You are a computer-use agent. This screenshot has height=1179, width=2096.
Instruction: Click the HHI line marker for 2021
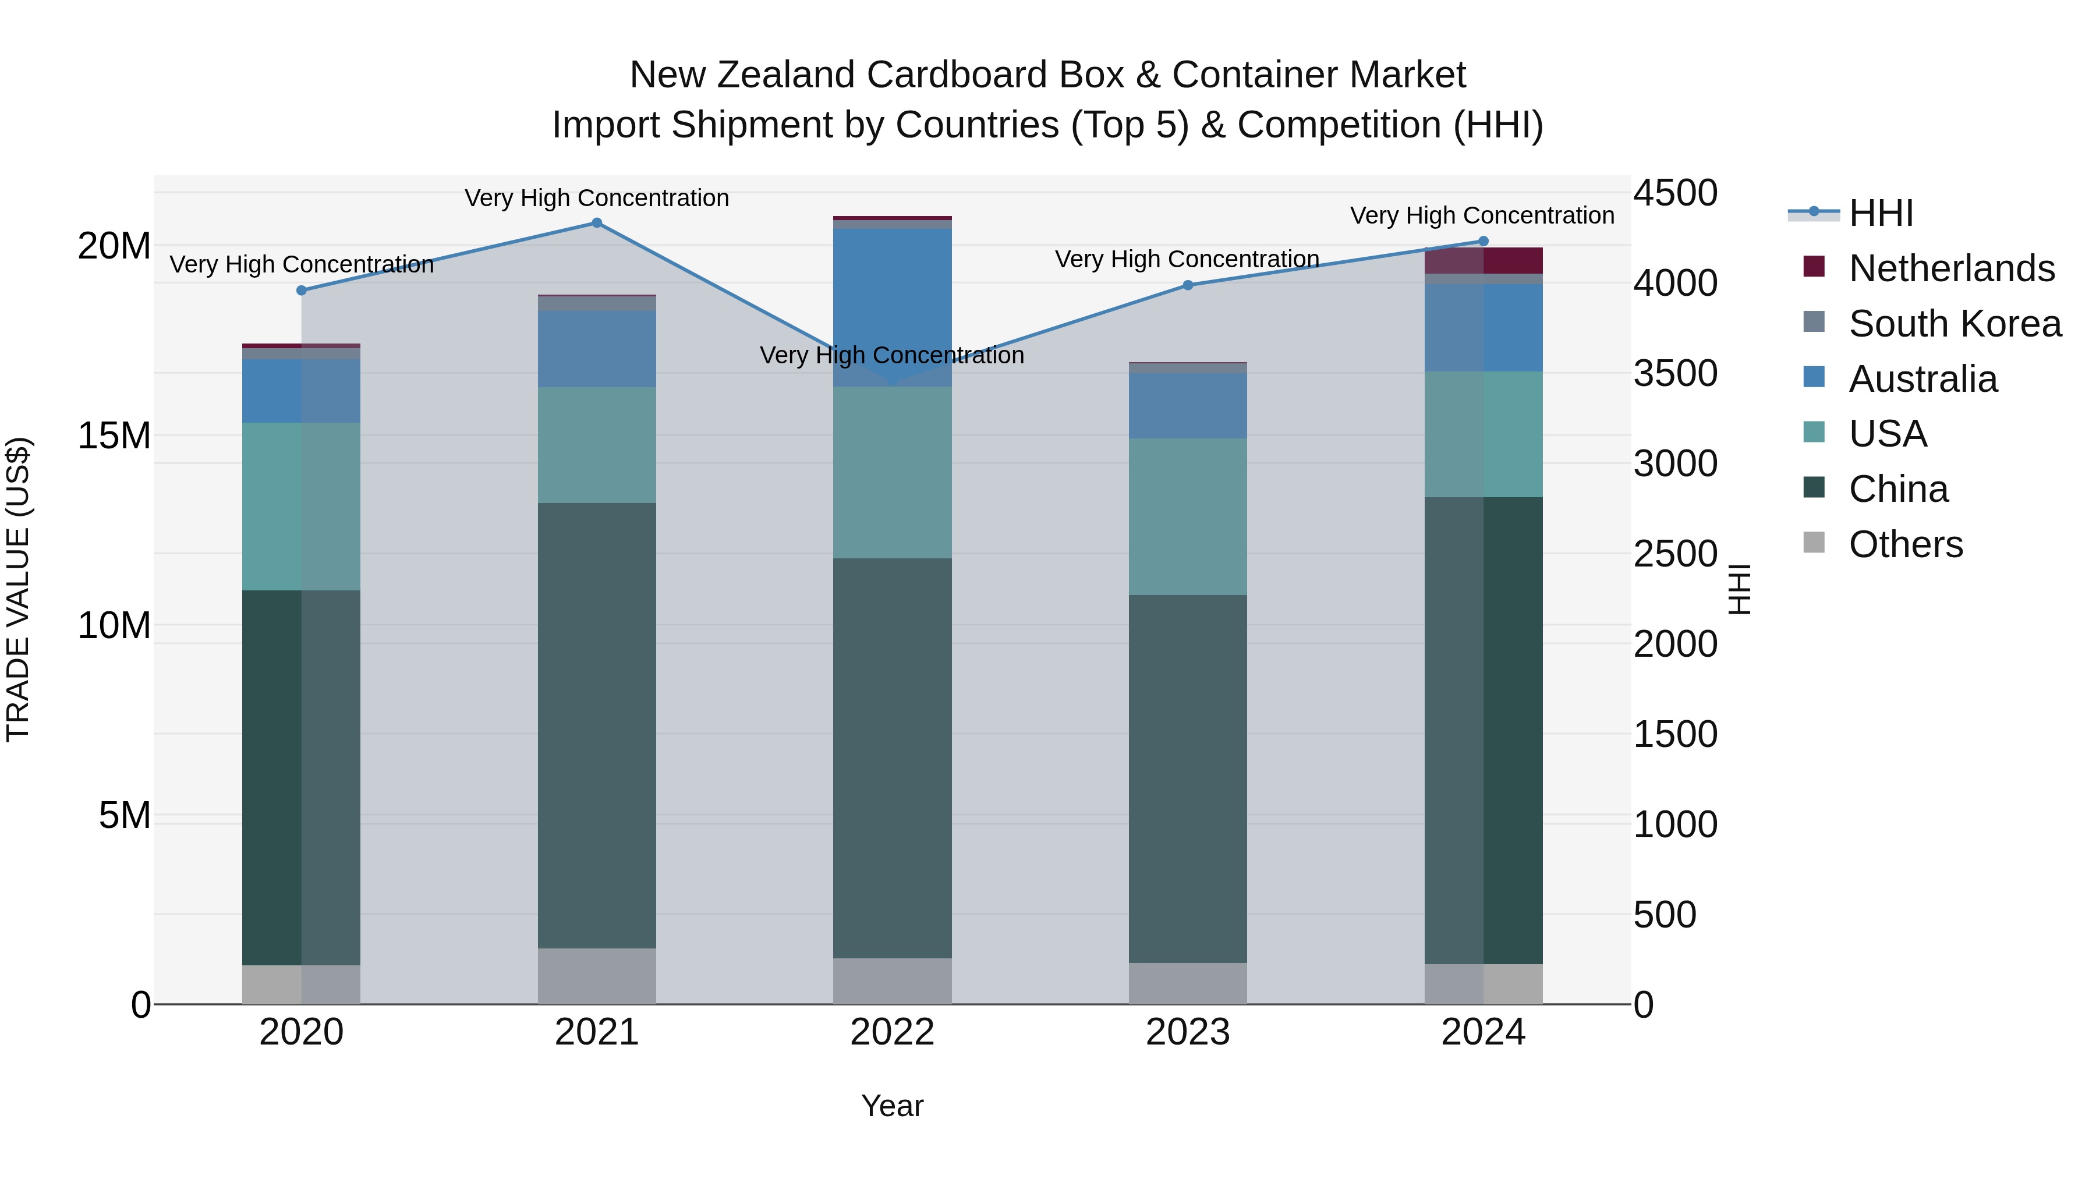pyautogui.click(x=596, y=223)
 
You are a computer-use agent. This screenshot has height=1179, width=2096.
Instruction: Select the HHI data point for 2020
pyautogui.click(x=301, y=291)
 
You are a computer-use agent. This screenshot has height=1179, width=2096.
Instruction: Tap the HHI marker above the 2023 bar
pyautogui.click(x=1188, y=285)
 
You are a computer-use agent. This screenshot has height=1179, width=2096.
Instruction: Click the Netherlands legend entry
pyautogui.click(x=1951, y=268)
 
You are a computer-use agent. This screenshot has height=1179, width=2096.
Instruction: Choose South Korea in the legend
pyautogui.click(x=1955, y=324)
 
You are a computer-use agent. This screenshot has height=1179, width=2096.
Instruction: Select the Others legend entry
pyautogui.click(x=1905, y=544)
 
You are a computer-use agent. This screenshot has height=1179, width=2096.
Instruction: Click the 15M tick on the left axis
pyautogui.click(x=114, y=436)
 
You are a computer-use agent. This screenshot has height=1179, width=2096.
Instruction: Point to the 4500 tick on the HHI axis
pyautogui.click(x=1675, y=194)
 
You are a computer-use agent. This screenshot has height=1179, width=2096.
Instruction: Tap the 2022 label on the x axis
pyautogui.click(x=892, y=1032)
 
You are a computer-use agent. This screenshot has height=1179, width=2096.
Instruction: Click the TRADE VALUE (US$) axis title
pyautogui.click(x=18, y=589)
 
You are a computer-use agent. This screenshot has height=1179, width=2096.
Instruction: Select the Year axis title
pyautogui.click(x=892, y=1106)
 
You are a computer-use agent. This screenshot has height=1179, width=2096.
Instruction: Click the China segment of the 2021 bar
pyautogui.click(x=596, y=724)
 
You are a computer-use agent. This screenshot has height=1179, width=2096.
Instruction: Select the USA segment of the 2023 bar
pyautogui.click(x=1188, y=516)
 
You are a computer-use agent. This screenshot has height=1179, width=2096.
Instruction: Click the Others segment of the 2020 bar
pyautogui.click(x=301, y=985)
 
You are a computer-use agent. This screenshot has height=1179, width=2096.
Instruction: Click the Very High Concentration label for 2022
pyautogui.click(x=892, y=356)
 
